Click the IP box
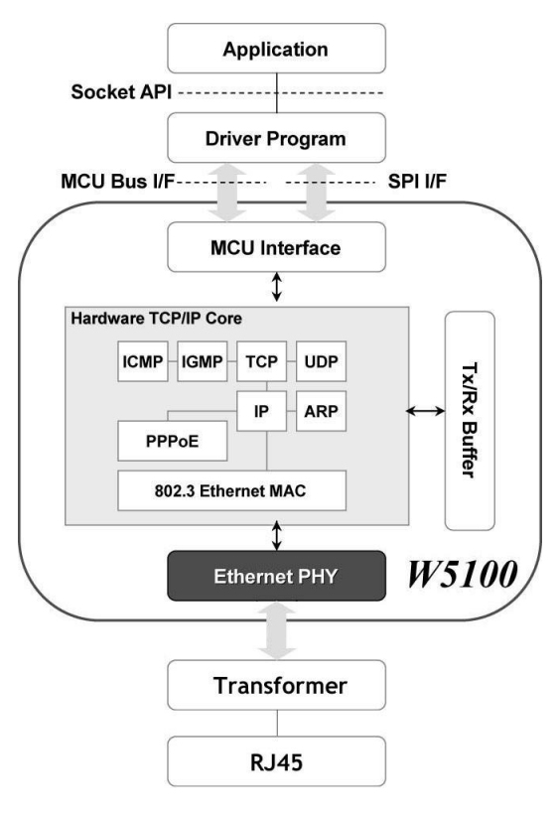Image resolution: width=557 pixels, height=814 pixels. (260, 408)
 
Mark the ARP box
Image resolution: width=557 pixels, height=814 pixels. (320, 408)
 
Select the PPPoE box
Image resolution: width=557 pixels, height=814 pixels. (171, 440)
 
